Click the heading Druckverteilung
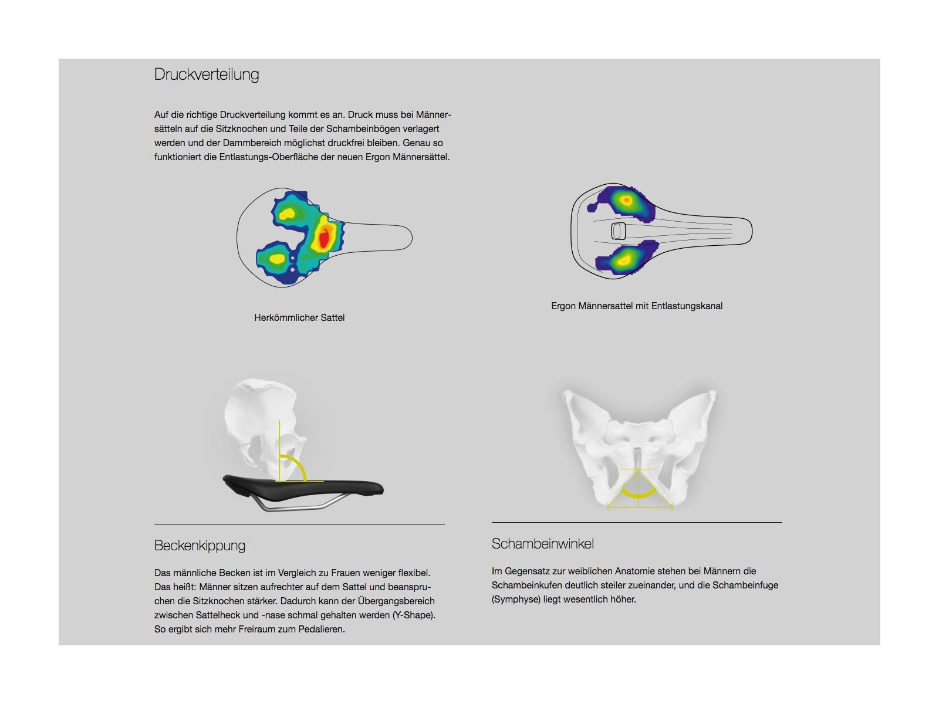tap(206, 75)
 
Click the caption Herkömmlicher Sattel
tap(299, 317)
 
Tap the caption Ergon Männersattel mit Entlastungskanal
tap(637, 306)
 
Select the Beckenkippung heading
tap(200, 546)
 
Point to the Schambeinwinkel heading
tap(542, 544)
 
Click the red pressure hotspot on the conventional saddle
tap(324, 238)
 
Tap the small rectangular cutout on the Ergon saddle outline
tap(618, 231)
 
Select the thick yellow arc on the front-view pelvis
tap(638, 496)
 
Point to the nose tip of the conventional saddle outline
tap(412, 237)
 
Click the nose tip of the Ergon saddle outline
tap(752, 231)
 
